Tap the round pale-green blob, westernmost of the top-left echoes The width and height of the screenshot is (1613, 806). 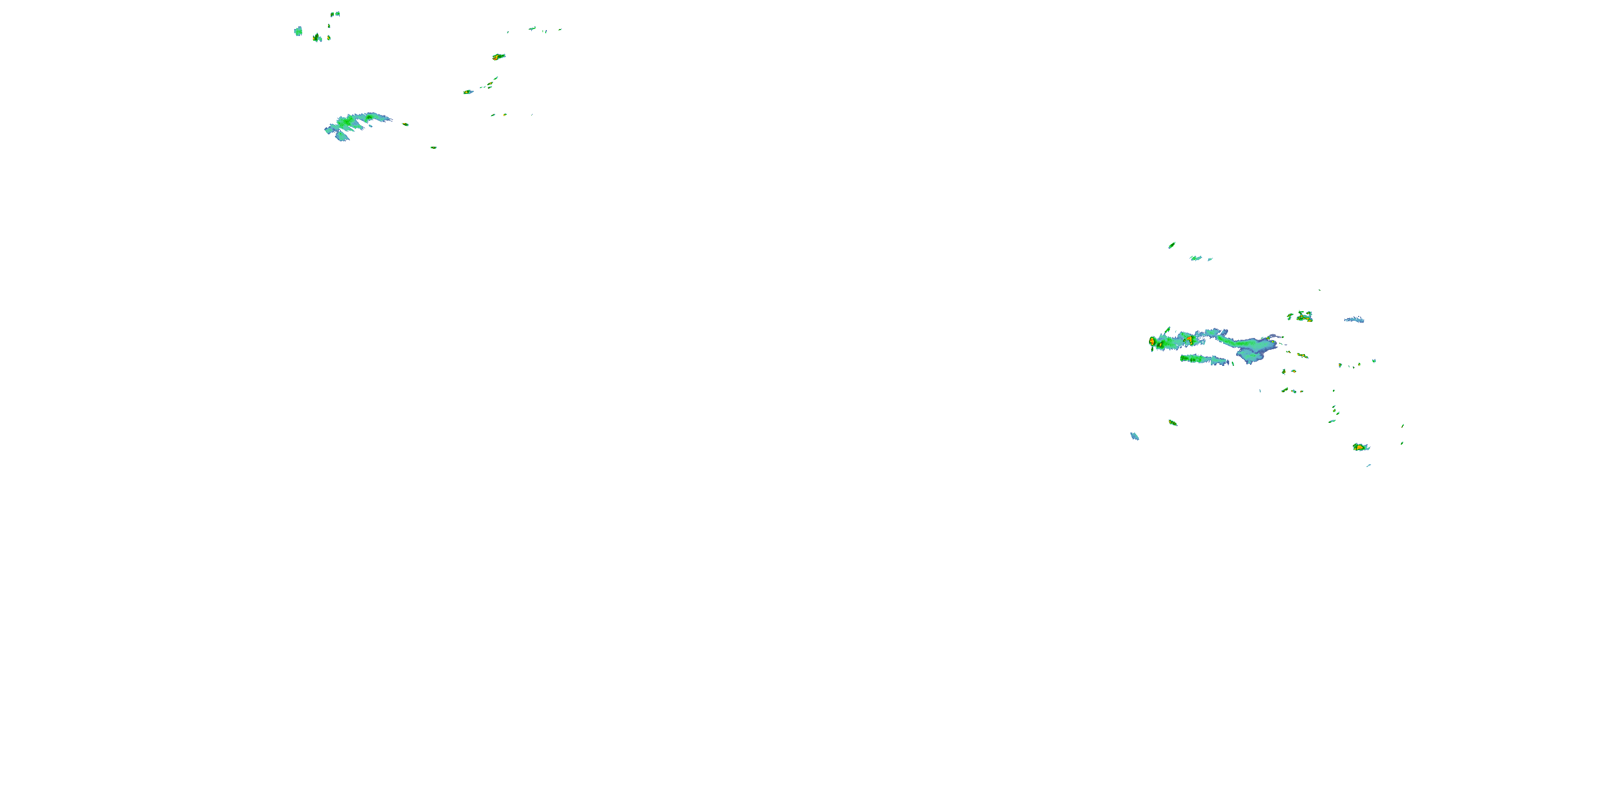point(298,31)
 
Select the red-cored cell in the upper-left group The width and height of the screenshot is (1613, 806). point(498,57)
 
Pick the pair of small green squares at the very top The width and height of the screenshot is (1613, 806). point(336,13)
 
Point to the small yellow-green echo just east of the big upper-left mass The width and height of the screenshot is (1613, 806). point(405,124)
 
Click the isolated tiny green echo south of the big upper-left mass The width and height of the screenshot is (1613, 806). point(433,148)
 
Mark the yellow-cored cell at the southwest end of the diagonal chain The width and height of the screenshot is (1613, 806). point(468,92)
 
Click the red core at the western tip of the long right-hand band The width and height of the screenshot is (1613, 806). point(1152,342)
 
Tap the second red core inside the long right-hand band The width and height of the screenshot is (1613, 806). point(1188,339)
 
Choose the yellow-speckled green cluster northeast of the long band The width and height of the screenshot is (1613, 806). point(1304,316)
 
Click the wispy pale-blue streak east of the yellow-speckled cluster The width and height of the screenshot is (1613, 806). point(1354,320)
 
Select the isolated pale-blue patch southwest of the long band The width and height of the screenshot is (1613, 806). point(1134,436)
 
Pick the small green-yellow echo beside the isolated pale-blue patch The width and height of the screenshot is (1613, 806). point(1173,423)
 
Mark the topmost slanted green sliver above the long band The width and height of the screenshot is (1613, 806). point(1172,246)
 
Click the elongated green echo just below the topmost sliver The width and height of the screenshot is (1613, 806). point(1196,258)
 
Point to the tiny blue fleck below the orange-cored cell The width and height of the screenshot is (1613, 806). point(1369,465)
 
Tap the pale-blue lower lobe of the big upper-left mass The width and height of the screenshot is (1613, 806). point(342,136)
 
